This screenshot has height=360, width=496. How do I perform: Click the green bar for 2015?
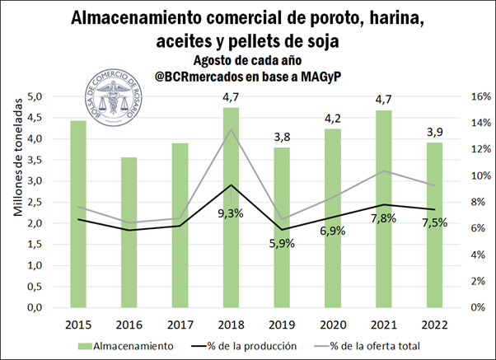click(x=78, y=214)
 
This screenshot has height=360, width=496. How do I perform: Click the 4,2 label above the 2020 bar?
click(x=333, y=117)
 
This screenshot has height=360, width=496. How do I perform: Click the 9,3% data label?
click(x=231, y=213)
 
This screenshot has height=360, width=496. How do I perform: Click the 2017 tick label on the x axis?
click(x=180, y=324)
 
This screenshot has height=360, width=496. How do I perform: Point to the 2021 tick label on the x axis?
click(x=383, y=324)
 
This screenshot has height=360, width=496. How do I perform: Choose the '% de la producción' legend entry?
click(x=252, y=346)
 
